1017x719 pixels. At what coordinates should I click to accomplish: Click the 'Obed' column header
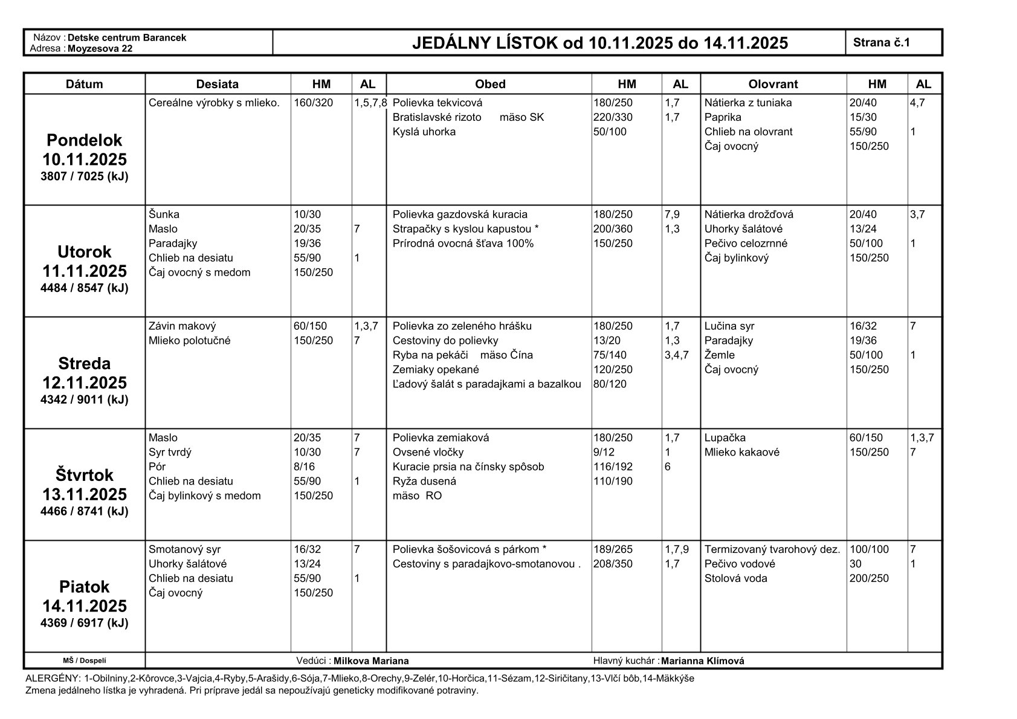point(489,84)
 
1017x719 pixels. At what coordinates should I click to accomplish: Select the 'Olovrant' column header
point(773,84)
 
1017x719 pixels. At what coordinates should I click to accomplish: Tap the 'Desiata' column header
point(218,84)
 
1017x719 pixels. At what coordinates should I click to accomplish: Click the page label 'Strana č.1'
point(881,42)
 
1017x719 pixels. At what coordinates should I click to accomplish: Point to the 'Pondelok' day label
point(84,140)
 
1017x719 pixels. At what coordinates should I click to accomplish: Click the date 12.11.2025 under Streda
point(84,382)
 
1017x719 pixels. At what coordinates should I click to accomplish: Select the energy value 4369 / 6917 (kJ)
point(84,623)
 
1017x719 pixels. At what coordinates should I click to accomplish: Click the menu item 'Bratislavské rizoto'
point(437,117)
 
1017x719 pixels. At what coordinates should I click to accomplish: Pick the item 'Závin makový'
point(182,326)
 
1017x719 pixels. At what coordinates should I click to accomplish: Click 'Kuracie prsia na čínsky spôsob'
point(468,466)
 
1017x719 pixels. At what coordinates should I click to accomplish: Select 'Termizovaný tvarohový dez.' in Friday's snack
point(772,549)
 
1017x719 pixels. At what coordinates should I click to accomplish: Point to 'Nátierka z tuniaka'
point(748,103)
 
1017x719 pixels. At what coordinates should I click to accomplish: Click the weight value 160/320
point(313,103)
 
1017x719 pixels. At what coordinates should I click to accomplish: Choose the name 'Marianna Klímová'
point(702,661)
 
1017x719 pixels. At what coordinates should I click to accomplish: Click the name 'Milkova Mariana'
point(371,661)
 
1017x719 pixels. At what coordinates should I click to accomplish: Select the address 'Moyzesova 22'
point(100,48)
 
